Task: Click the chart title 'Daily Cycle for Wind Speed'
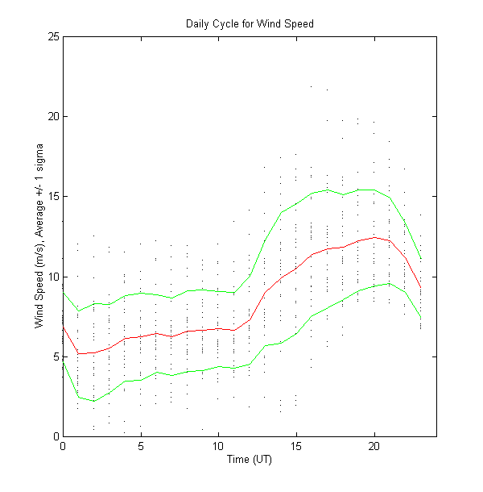250,23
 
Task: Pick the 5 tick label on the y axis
54,356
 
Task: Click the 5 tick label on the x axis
141,445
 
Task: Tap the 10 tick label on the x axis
218,445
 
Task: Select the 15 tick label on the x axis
296,445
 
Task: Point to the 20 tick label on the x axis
374,445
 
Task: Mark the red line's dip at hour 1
78,353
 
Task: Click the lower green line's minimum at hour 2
94,401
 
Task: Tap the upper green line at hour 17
328,190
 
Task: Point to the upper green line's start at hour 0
63,291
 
